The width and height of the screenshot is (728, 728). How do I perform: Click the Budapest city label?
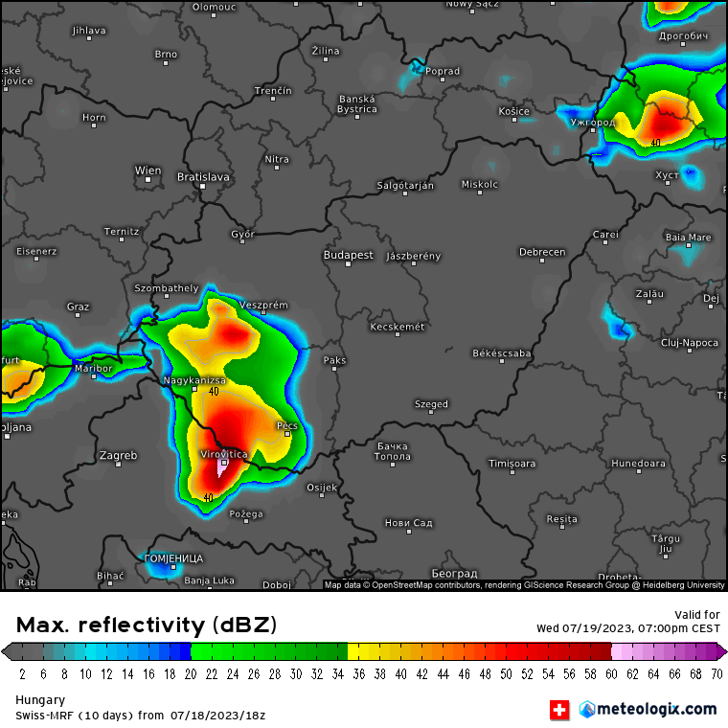coord(348,256)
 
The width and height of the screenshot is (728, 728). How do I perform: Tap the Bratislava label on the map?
coord(203,177)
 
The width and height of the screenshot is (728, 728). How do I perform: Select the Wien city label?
coord(148,171)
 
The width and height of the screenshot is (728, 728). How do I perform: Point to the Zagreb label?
coord(118,455)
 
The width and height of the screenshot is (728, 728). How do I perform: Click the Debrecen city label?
coord(542,253)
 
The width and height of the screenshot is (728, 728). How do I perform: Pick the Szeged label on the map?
coord(431,404)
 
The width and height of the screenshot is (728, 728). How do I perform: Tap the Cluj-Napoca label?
coord(689,342)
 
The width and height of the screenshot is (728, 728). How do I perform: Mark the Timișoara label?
coord(512,464)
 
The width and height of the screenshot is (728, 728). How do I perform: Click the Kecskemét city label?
coord(397,328)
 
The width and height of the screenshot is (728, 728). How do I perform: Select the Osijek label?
coord(322,488)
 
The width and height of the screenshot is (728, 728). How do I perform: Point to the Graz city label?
coord(78,307)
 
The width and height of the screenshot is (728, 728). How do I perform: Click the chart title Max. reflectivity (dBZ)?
coord(147,626)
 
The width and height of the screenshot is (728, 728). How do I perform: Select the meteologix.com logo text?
coord(656,709)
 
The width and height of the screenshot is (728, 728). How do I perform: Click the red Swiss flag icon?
coord(558,710)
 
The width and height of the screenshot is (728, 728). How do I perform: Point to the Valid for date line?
coord(627,628)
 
